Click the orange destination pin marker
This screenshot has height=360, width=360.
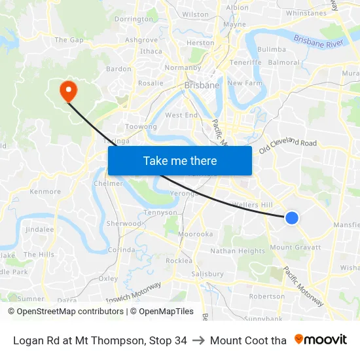(x=68, y=90)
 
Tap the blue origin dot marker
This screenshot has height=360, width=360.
(x=292, y=218)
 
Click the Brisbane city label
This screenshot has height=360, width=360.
(x=202, y=85)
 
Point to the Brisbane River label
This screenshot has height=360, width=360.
(x=319, y=41)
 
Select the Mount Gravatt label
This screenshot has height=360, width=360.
(x=295, y=247)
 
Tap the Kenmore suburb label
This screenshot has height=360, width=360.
(x=45, y=192)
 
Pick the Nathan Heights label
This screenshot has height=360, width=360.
(x=238, y=251)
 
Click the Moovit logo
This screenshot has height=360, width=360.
(x=321, y=340)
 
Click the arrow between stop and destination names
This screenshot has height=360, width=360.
(x=198, y=340)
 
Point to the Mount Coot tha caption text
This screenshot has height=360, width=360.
(x=248, y=340)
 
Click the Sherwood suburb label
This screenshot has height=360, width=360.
(x=124, y=223)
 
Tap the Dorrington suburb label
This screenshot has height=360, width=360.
(x=133, y=20)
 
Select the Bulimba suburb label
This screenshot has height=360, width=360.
(x=272, y=49)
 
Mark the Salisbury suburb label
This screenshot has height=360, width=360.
(x=207, y=274)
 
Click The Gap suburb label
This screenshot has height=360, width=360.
(x=69, y=40)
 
